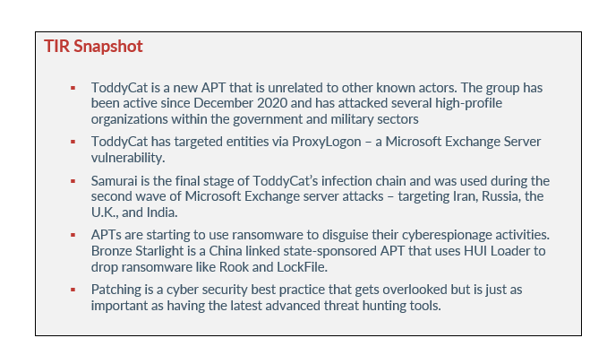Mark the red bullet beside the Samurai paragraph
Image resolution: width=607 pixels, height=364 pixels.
pos(73,181)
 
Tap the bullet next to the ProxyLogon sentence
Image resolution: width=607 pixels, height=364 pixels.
pos(73,142)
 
